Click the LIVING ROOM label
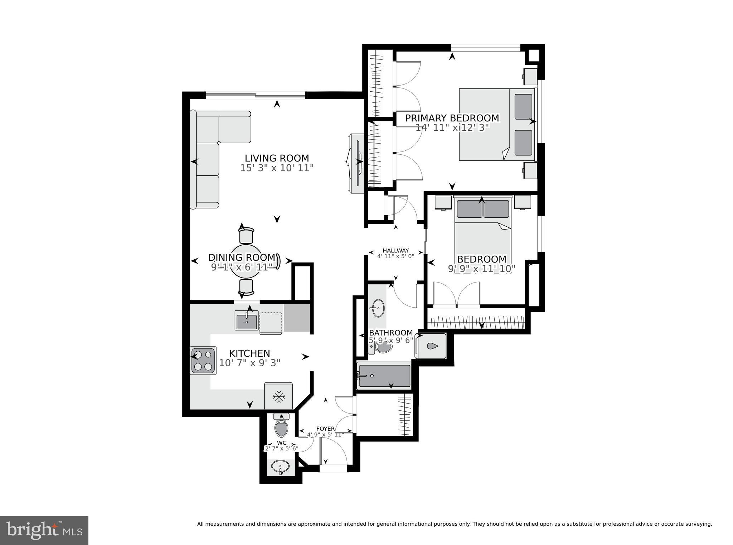277,158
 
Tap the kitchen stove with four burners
203,361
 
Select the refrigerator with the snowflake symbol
278,396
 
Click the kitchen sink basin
247,320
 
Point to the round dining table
246,265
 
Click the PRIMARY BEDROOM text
452,118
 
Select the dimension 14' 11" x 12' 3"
452,128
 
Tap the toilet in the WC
282,427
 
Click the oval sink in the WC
280,467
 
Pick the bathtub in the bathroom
384,376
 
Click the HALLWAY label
395,251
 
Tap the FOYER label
325,429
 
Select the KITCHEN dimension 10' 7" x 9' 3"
249,363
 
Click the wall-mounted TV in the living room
358,163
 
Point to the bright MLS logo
44,530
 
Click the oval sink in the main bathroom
377,308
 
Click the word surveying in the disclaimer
697,524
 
